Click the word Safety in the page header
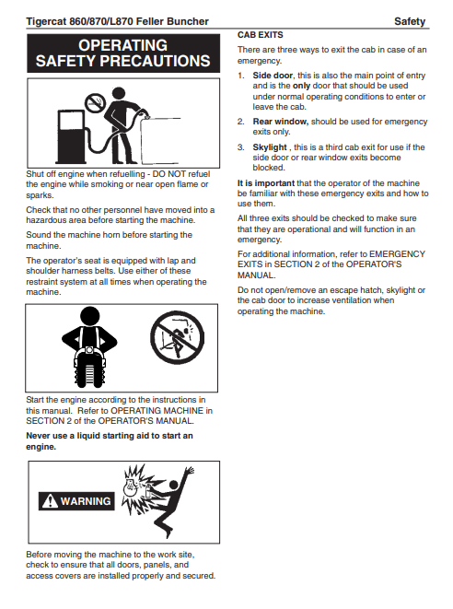coord(410,21)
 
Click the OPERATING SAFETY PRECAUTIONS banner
coord(123,53)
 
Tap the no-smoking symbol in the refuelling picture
coord(95,103)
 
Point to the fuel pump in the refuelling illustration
coord(72,136)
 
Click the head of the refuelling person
coord(119,93)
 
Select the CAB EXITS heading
coord(260,35)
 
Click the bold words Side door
coord(273,76)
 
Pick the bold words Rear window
coord(280,122)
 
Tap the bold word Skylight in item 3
coord(270,147)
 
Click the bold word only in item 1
coord(301,86)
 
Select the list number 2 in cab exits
coord(241,122)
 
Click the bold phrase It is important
coord(266,183)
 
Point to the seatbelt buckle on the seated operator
coord(89,351)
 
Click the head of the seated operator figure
coord(89,316)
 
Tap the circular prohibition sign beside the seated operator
coord(178,337)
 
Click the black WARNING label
coord(76,501)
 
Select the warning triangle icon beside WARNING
coord(50,501)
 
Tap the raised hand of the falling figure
coord(190,471)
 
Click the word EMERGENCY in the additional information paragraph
coord(397,254)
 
